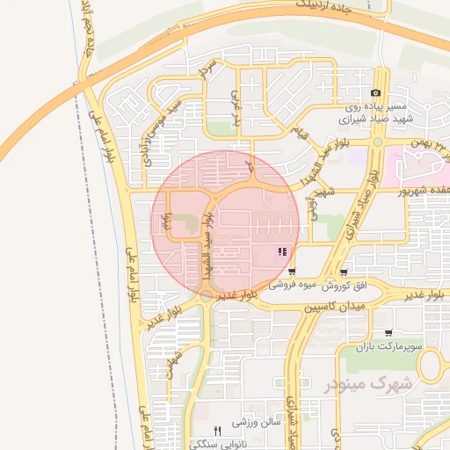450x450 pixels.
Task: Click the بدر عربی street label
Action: (235, 105)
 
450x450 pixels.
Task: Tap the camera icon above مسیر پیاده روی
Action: (375, 92)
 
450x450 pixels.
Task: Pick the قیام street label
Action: (301, 134)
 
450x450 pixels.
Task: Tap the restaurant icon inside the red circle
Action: (281, 252)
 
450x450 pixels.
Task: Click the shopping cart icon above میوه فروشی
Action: (292, 272)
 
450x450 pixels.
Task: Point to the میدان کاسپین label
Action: (338, 308)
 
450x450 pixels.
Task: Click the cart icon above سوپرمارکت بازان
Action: (388, 334)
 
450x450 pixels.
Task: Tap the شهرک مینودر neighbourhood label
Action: (369, 384)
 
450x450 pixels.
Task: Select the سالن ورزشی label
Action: (256, 422)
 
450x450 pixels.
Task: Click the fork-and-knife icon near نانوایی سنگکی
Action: (218, 429)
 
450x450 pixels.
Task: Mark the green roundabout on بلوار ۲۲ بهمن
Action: (377, 142)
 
